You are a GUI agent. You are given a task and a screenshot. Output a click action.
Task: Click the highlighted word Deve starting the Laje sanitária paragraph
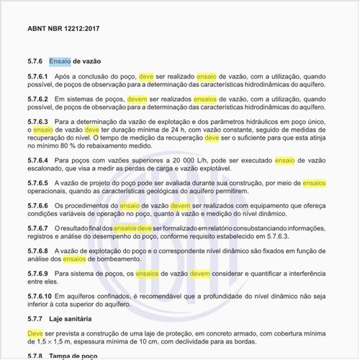click(x=35, y=333)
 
